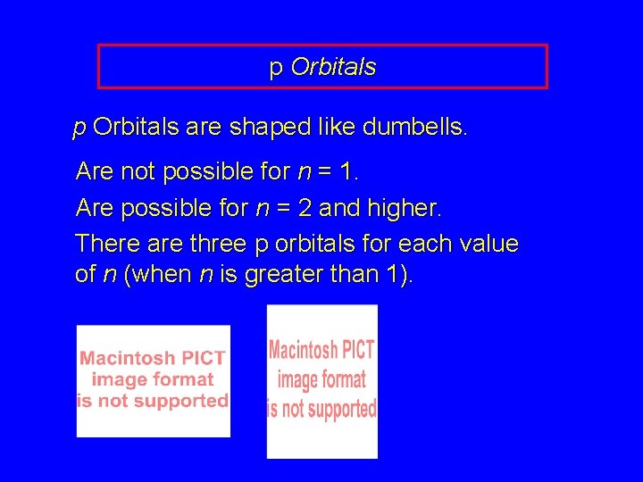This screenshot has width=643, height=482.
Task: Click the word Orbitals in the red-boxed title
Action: click(x=333, y=68)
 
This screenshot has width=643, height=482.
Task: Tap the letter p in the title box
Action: click(x=276, y=70)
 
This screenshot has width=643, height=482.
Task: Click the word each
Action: click(x=421, y=244)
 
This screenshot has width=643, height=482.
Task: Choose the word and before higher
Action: click(x=338, y=209)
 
